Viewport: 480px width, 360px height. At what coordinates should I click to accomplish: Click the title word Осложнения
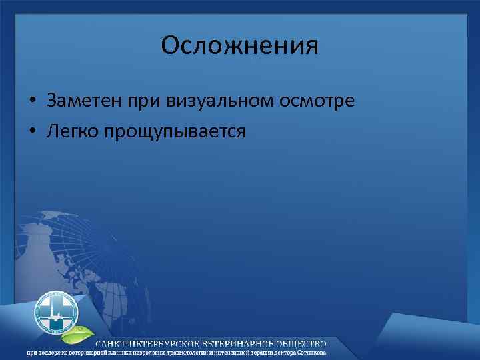[x=240, y=46]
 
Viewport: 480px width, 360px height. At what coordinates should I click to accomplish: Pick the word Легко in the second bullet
[x=71, y=132]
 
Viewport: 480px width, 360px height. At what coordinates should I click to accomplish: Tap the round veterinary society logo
[x=57, y=311]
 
